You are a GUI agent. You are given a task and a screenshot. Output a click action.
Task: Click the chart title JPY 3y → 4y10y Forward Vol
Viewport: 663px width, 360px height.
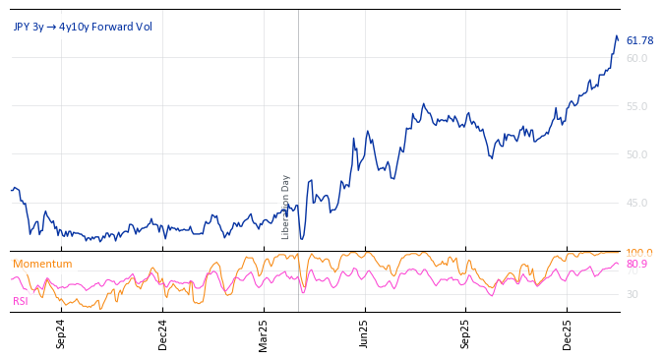(x=83, y=27)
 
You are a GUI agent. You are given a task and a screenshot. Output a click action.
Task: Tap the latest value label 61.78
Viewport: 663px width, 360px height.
(x=639, y=40)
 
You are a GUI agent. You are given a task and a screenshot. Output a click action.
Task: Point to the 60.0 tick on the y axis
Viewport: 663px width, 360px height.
(x=637, y=58)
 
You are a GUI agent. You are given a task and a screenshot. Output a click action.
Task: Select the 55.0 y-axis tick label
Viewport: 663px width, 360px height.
(x=637, y=106)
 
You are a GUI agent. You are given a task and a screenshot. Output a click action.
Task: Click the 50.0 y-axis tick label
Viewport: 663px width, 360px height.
(x=637, y=154)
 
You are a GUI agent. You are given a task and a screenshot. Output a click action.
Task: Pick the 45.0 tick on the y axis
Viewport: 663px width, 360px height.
(x=637, y=203)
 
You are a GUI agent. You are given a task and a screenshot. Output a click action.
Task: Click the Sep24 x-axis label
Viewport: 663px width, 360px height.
(x=61, y=333)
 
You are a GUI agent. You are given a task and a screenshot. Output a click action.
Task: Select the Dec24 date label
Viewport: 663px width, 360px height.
(x=163, y=333)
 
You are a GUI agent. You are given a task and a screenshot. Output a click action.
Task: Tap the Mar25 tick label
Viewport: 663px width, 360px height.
(x=264, y=333)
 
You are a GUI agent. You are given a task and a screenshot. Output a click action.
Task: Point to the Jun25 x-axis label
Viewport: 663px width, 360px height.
(x=365, y=333)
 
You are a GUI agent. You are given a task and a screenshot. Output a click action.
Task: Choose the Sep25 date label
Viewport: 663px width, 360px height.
(x=466, y=333)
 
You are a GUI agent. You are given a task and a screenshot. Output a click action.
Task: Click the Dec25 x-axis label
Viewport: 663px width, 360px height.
(x=568, y=333)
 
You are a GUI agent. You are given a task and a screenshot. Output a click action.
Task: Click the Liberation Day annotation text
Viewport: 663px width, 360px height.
(x=286, y=207)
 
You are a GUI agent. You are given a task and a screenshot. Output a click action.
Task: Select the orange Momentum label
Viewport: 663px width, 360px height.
(x=42, y=264)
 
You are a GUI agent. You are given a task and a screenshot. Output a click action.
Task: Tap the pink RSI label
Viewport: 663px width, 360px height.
(x=21, y=301)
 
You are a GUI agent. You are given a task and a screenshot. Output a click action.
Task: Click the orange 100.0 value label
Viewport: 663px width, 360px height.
(x=639, y=253)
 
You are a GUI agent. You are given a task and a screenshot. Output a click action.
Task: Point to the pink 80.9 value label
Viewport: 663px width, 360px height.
(x=637, y=265)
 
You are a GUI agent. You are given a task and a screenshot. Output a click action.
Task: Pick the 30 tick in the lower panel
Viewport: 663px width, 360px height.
(x=633, y=294)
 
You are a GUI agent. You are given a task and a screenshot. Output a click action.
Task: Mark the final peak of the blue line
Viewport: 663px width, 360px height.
(x=616, y=36)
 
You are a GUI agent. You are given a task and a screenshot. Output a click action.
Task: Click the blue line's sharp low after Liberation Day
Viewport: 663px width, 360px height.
(x=302, y=239)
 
